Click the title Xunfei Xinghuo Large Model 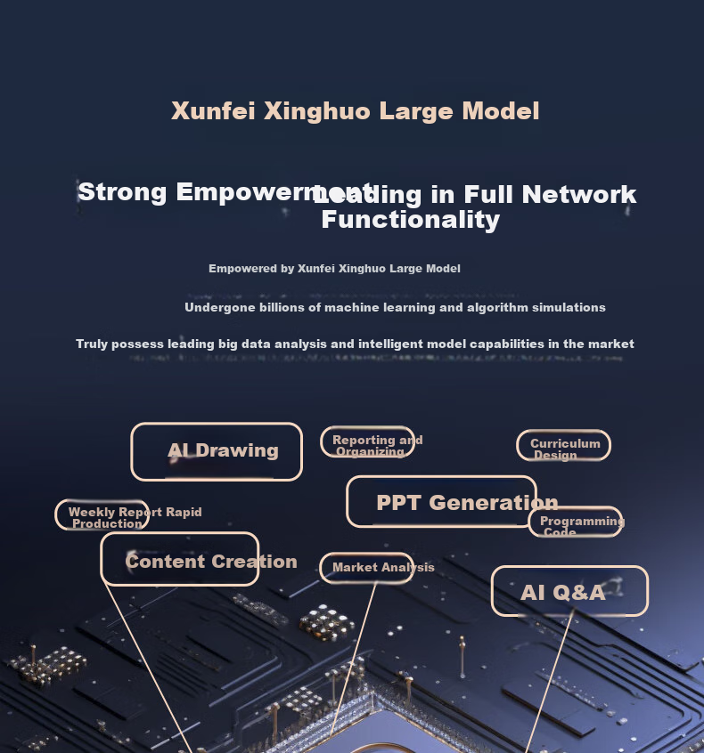click(355, 111)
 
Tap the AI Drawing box click(217, 451)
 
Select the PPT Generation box click(442, 502)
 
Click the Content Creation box click(180, 560)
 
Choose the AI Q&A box click(569, 592)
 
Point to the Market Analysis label click(367, 568)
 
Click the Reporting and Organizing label click(368, 442)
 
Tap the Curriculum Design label click(563, 446)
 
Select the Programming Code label click(575, 522)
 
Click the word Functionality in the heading click(410, 220)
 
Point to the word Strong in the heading click(123, 192)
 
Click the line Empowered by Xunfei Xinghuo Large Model click(334, 269)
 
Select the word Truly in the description click(93, 344)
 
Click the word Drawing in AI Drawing click(237, 451)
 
